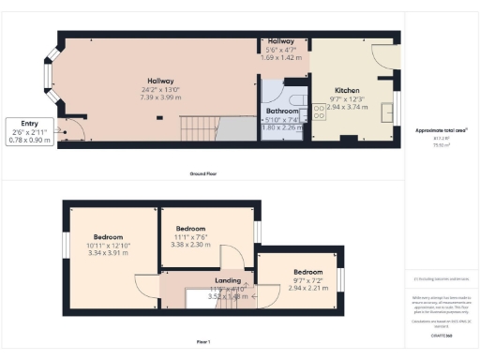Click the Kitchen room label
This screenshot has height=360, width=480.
(348, 91)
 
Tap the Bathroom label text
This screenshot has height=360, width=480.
(283, 111)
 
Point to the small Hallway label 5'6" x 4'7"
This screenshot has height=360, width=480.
(280, 42)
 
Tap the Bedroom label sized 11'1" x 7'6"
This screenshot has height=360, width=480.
(191, 229)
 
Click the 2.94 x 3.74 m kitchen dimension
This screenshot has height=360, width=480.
(348, 108)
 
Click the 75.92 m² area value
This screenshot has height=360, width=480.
(441, 145)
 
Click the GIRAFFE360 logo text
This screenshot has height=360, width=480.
(441, 334)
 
